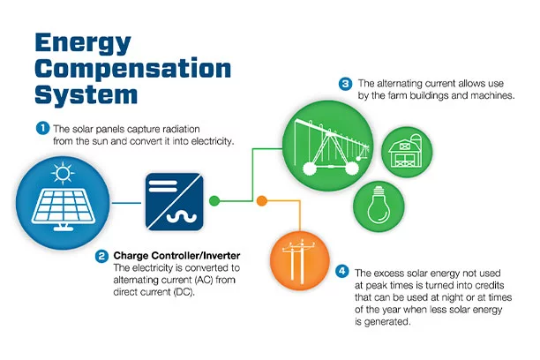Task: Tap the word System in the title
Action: tap(86, 94)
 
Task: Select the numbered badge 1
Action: tap(42, 129)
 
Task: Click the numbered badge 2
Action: tap(101, 256)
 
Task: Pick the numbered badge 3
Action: tap(345, 84)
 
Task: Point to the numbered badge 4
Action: tap(342, 271)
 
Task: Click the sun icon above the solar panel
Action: tap(63, 173)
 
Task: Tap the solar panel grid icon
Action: tap(64, 208)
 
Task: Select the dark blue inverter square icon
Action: tap(174, 201)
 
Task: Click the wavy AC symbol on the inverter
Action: tap(182, 217)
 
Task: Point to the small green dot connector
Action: tap(214, 200)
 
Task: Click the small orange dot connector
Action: tap(262, 200)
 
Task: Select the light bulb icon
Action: tap(379, 205)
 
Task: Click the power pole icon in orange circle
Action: tap(297, 261)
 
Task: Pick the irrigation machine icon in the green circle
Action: tap(330, 146)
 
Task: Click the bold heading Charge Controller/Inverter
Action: tap(176, 256)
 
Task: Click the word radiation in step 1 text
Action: tap(181, 129)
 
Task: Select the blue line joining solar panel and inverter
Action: tap(126, 203)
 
